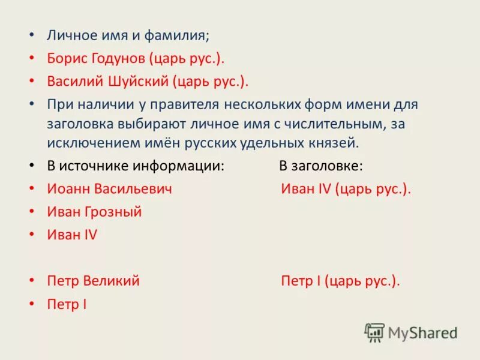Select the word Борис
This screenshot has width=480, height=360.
[x=65, y=58]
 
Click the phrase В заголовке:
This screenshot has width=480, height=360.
[x=320, y=166]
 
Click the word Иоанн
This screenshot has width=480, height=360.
[x=68, y=188]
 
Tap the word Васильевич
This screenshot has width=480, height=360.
[x=133, y=188]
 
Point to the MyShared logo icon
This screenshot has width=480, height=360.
[x=375, y=332]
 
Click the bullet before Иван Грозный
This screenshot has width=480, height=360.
[x=32, y=211]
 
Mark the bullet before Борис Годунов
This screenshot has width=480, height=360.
[x=32, y=58]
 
